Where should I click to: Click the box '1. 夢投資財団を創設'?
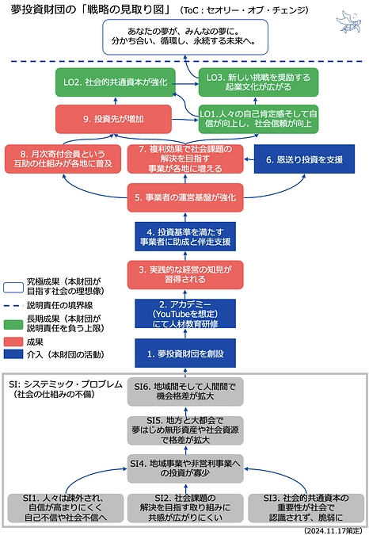[184, 352]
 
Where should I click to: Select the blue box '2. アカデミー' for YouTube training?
[184, 313]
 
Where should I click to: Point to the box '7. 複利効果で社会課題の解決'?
[184, 159]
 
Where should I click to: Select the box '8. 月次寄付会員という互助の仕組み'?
[61, 159]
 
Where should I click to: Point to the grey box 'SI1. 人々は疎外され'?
[65, 506]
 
